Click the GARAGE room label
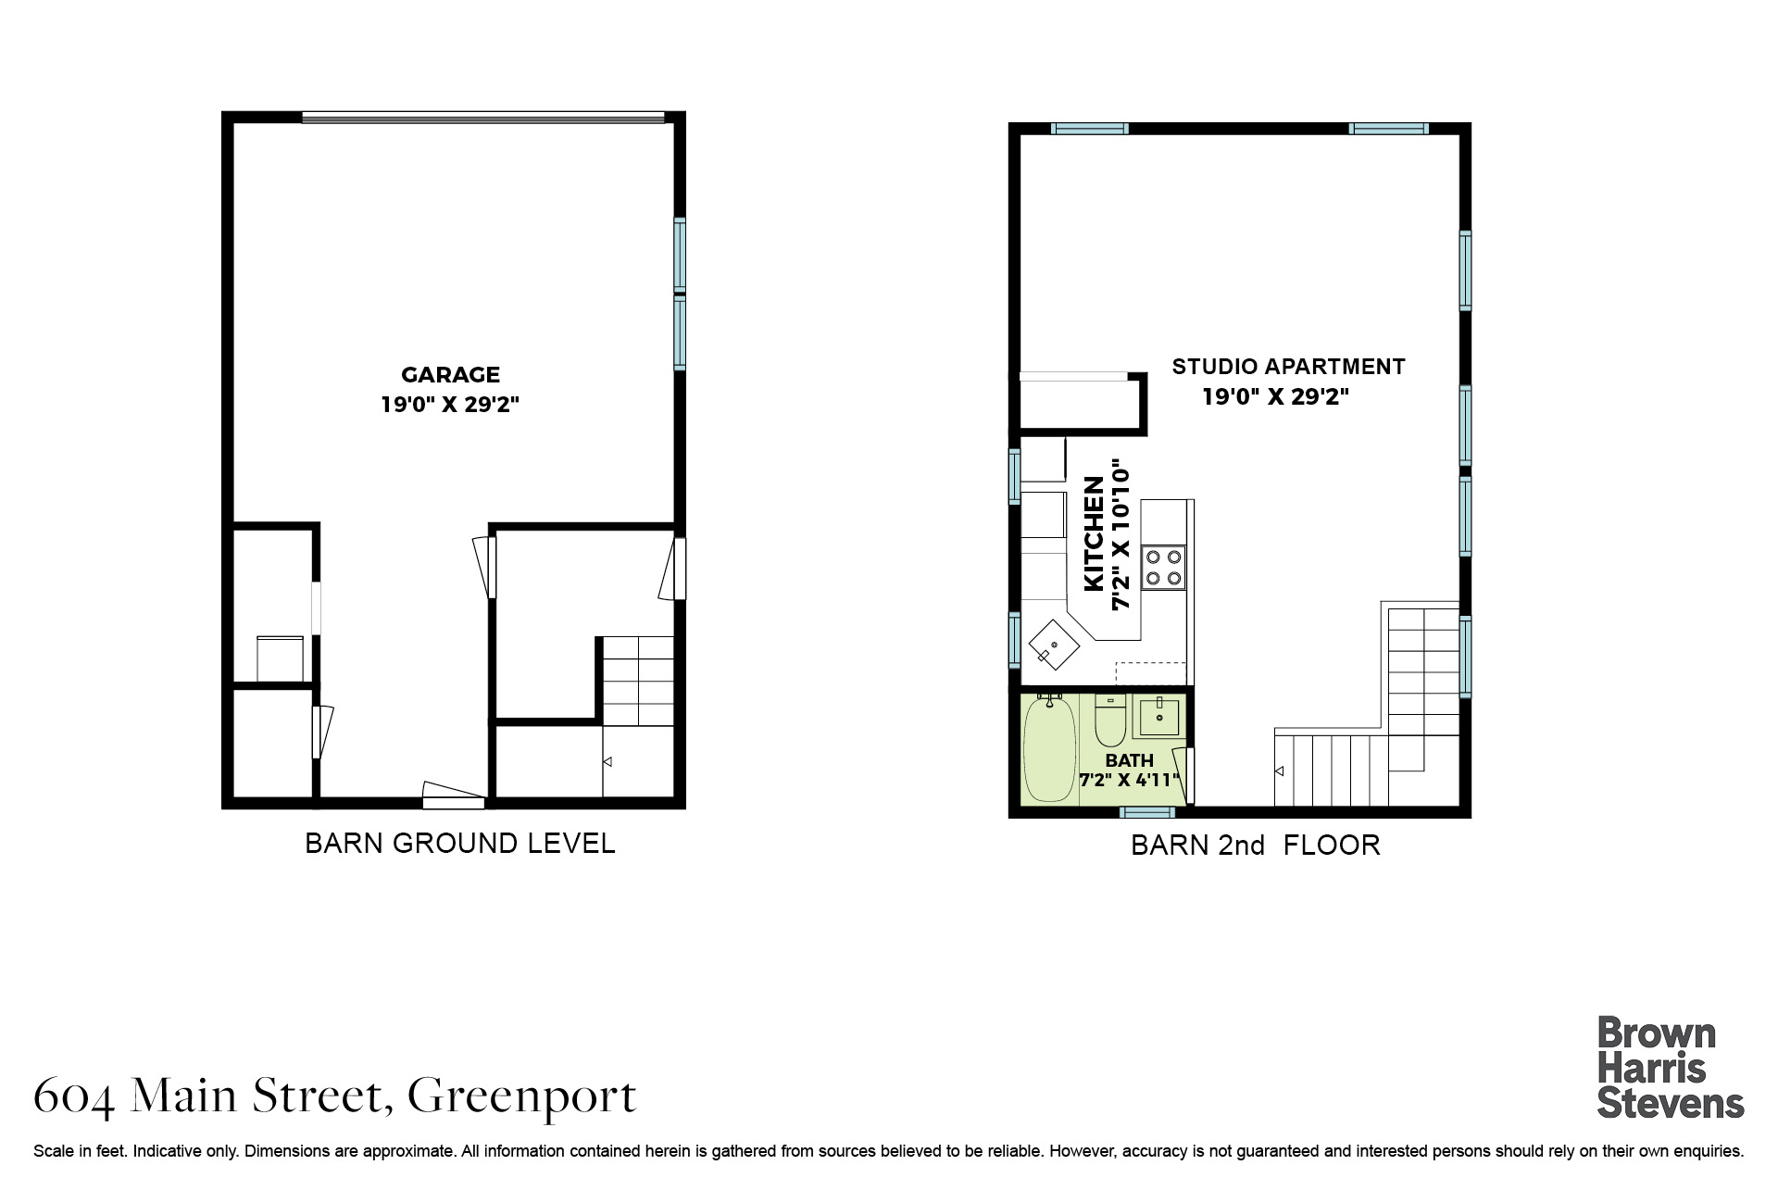450,375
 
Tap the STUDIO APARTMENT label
1288,367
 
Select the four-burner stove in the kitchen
1163,568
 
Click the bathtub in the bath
1049,748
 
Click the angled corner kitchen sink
1054,644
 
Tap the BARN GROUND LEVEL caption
460,844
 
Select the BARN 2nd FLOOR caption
1256,846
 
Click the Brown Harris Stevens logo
1670,1069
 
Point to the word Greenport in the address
522,1097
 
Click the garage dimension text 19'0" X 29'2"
450,405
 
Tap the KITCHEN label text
1094,533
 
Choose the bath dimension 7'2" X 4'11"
1130,780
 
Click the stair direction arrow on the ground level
607,762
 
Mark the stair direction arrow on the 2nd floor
1280,771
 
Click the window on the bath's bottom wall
1147,812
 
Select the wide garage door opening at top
483,117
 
